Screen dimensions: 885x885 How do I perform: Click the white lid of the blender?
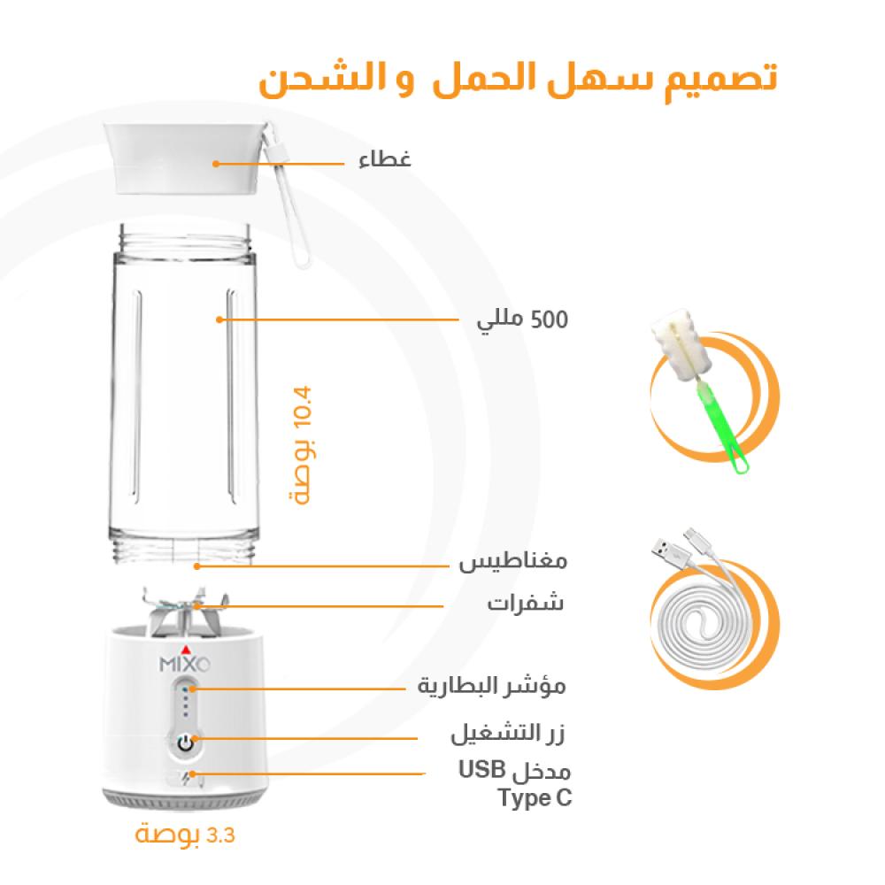pos(187,155)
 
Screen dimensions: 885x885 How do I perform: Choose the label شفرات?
pos(526,605)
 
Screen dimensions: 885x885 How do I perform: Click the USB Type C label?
pos(516,783)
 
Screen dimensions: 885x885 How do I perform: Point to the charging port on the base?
pos(186,778)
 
